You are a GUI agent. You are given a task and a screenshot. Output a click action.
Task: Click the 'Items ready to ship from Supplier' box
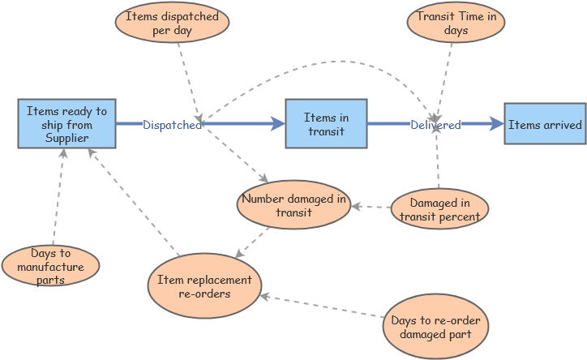(66, 123)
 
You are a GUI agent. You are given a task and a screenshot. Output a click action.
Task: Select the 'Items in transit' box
(325, 123)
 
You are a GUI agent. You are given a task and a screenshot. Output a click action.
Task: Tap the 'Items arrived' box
(544, 124)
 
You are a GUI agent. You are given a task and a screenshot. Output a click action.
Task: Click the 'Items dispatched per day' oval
(171, 23)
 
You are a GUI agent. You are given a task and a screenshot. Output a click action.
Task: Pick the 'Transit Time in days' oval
(456, 23)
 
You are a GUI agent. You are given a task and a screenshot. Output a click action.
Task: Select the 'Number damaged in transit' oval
(293, 204)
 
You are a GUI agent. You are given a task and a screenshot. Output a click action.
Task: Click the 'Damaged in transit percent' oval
(439, 208)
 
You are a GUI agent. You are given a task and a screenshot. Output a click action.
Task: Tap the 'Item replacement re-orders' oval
(204, 285)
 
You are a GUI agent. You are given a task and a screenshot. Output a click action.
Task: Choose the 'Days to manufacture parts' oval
(50, 266)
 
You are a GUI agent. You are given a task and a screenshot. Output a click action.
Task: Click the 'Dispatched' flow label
(172, 125)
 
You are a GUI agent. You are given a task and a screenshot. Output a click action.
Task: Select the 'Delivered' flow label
(435, 125)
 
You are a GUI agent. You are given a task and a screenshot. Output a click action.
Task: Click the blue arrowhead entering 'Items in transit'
(277, 124)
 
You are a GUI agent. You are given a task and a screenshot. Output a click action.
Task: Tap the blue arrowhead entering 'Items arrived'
(496, 124)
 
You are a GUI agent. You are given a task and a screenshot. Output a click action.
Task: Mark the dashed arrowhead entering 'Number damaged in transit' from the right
(355, 206)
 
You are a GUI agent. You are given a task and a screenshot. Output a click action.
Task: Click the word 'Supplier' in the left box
(66, 138)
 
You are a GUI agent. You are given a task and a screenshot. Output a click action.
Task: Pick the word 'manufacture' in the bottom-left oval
(50, 267)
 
